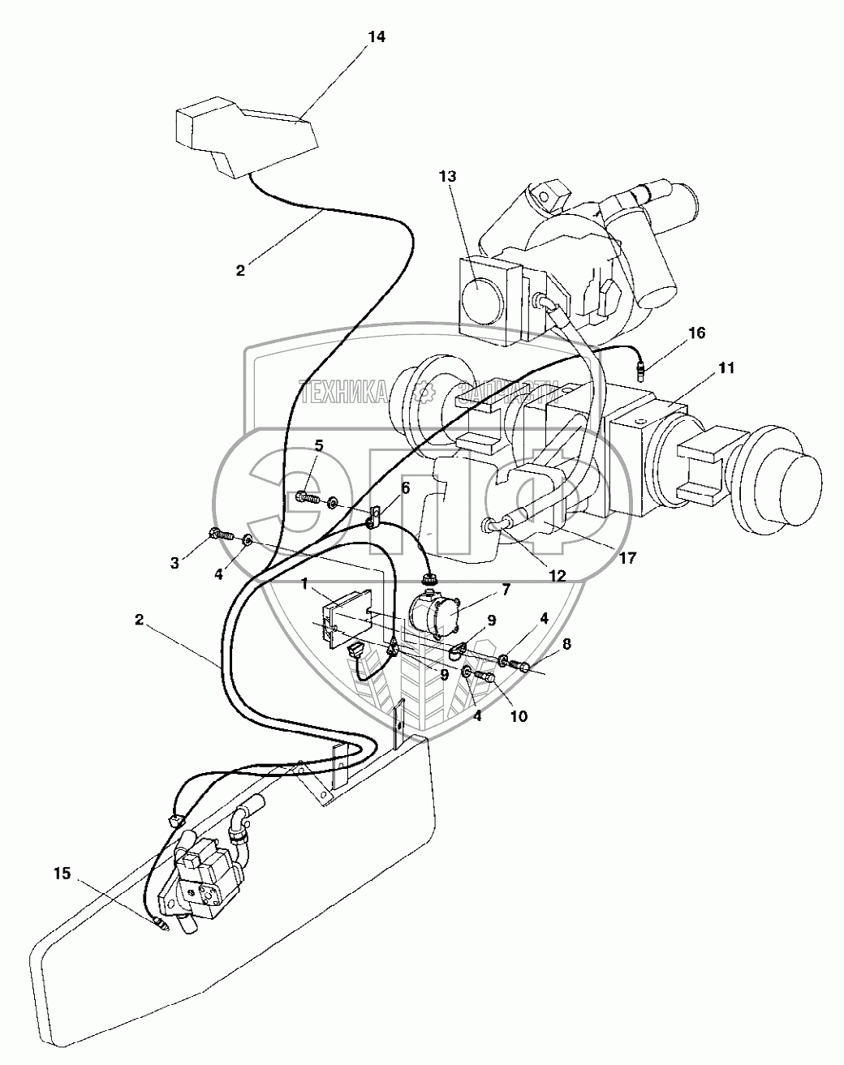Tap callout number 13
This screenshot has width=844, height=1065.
click(448, 176)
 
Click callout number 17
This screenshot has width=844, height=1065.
click(627, 558)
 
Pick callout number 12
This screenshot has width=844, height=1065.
click(557, 577)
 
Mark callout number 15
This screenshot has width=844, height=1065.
click(62, 874)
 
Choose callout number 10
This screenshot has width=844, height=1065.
click(519, 716)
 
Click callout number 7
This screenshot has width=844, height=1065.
click(505, 590)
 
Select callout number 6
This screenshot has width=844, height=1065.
click(403, 487)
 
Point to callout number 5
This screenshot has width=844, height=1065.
click(319, 444)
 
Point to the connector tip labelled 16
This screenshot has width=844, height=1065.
click(642, 372)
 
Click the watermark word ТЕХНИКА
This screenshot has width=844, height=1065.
click(342, 393)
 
